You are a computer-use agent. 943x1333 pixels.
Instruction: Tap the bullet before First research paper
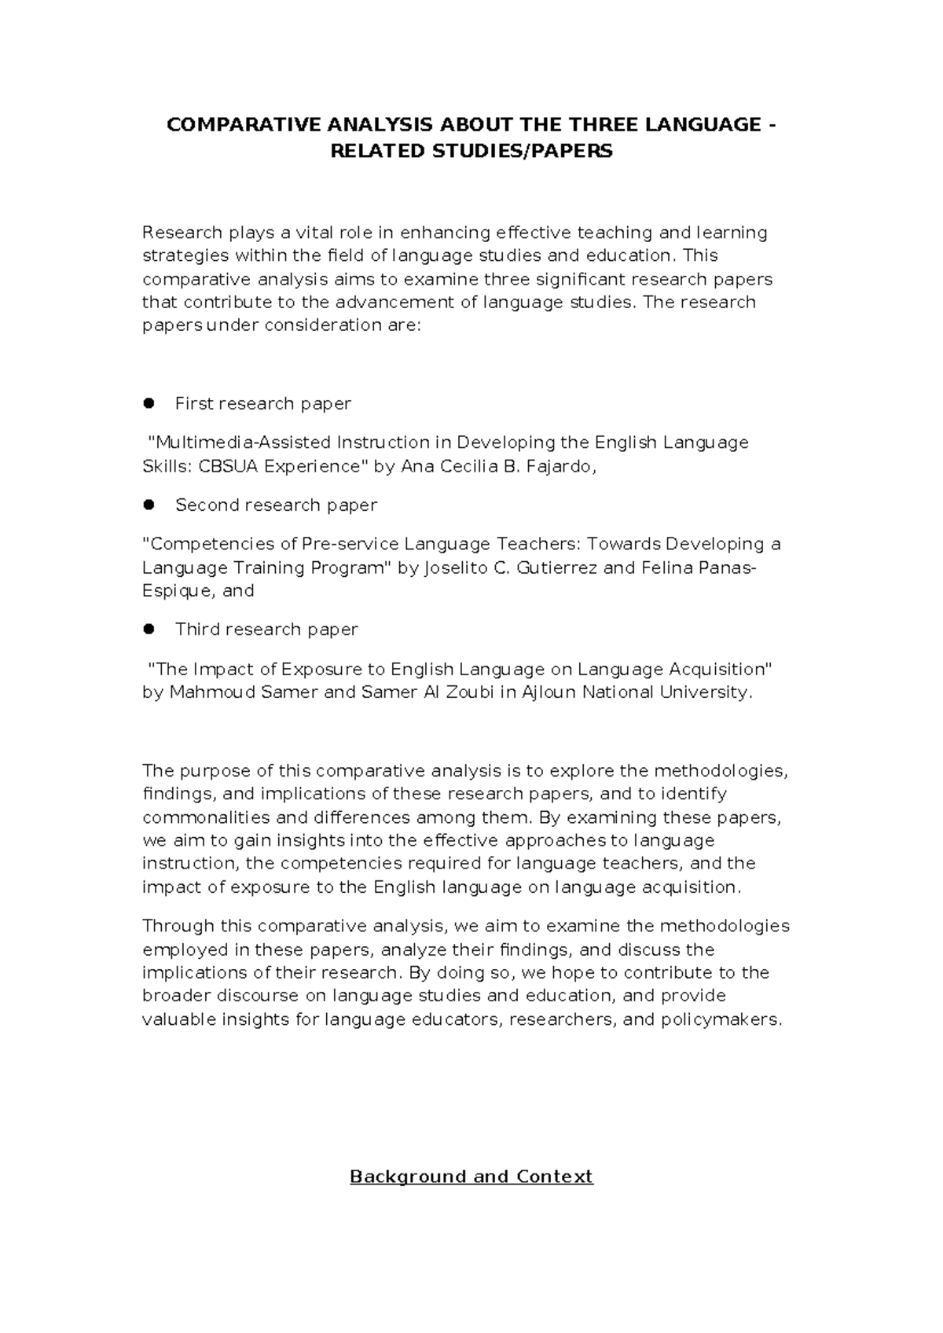(x=147, y=403)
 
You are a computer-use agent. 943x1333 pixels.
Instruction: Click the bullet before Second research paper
(x=147, y=505)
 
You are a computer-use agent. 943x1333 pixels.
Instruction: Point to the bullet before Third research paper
(x=147, y=629)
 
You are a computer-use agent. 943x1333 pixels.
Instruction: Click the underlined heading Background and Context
(x=471, y=1177)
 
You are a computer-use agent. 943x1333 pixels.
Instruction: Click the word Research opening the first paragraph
(x=182, y=233)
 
